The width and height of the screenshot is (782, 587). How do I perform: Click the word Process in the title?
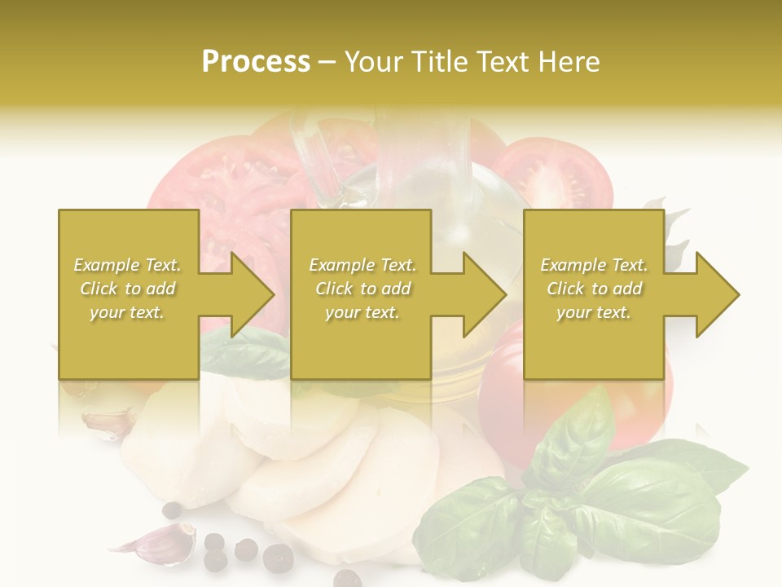256,62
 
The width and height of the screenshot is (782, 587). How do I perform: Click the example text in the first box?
128,289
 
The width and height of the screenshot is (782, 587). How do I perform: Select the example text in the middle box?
362,289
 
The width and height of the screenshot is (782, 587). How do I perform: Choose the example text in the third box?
594,289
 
